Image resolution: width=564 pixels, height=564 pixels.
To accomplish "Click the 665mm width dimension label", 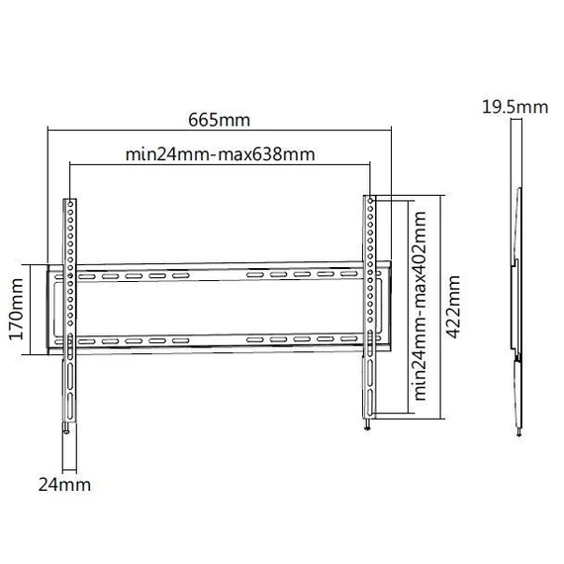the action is pos(219,120).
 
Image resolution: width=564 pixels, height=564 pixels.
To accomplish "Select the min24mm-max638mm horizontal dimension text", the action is pos(220,154).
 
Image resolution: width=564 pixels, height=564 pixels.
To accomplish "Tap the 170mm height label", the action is pos(16,309).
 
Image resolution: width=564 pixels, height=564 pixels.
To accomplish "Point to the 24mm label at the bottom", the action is pos(64,485).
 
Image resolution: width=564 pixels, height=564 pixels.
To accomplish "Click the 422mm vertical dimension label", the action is pos(452,307).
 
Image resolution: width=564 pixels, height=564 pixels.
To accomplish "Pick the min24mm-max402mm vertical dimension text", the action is pos(420,306).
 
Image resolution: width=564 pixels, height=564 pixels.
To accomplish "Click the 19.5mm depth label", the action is pos(516,107).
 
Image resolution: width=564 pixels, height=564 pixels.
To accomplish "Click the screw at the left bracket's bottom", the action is pos(67,427).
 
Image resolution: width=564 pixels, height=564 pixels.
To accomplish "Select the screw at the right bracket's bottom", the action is pos(367,424).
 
